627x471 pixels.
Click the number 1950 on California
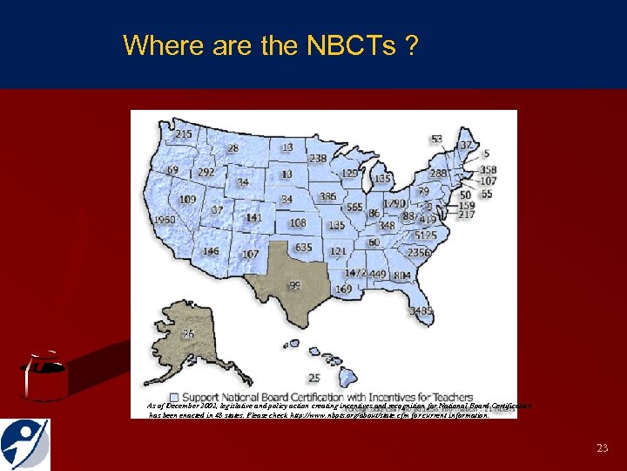click(x=164, y=220)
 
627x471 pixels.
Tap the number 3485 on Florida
click(x=421, y=311)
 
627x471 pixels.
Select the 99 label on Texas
click(x=294, y=285)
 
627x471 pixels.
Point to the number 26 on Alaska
click(x=188, y=334)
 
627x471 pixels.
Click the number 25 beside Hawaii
click(x=314, y=378)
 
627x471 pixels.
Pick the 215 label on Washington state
click(x=184, y=134)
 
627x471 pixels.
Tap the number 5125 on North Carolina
click(x=426, y=235)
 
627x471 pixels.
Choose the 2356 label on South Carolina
click(x=420, y=253)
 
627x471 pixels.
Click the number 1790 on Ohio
click(x=394, y=203)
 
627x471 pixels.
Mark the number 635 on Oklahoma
click(x=302, y=248)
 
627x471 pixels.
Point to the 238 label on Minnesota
click(x=318, y=158)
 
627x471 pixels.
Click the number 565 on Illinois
click(x=354, y=208)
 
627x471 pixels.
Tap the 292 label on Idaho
click(x=206, y=172)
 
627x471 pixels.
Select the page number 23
click(x=602, y=447)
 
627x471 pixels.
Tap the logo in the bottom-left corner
click(x=25, y=444)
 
